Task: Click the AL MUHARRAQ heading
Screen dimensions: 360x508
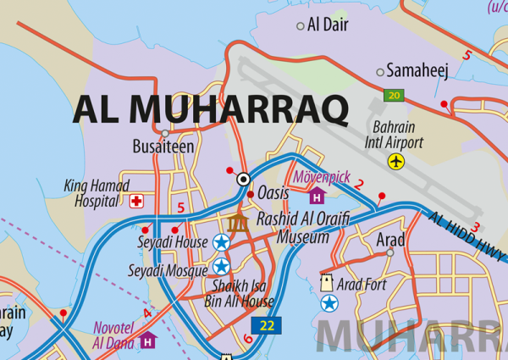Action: tap(211, 108)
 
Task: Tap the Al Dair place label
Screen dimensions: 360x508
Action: tap(328, 25)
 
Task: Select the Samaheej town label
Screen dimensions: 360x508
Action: tap(417, 71)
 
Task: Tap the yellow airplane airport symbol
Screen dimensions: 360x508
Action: tap(396, 161)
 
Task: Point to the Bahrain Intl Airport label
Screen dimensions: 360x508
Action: tap(395, 135)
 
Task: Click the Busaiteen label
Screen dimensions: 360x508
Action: tap(163, 147)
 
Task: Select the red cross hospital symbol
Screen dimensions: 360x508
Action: tap(136, 202)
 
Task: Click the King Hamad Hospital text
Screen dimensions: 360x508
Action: tap(97, 193)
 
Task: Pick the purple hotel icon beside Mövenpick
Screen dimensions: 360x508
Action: tap(317, 197)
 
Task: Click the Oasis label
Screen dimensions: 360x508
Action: tap(273, 193)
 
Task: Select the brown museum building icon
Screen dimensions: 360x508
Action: tap(238, 222)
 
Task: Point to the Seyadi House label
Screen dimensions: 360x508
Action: tap(173, 243)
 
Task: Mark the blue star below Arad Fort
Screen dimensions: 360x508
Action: tap(329, 302)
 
